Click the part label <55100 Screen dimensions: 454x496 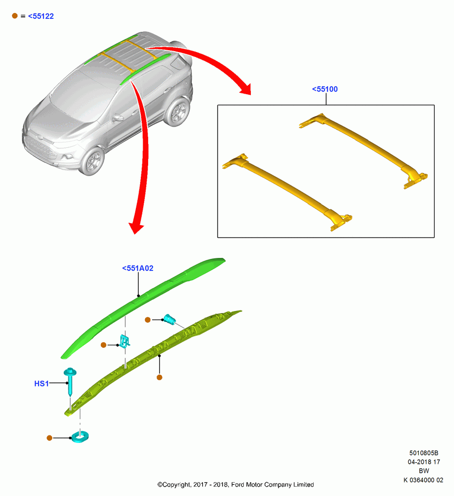(325, 89)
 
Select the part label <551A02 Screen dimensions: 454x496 (137, 268)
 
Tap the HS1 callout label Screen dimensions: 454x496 (42, 384)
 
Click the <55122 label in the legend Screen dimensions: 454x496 (41, 16)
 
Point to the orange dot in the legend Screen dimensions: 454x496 (15, 15)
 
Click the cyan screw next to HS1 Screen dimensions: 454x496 (70, 381)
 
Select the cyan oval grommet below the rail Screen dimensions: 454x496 (80, 437)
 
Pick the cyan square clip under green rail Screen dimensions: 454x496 (124, 341)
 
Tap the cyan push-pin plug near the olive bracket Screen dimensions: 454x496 (170, 319)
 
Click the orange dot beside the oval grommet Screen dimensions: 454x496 (50, 438)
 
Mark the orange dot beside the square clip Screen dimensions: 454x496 (104, 345)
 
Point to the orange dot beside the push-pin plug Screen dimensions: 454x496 (148, 320)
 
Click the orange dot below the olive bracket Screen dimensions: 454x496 (159, 377)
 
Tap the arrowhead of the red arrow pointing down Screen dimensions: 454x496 (136, 228)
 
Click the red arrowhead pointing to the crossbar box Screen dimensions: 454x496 (246, 89)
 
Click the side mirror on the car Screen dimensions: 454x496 (117, 118)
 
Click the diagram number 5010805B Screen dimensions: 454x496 (424, 453)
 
